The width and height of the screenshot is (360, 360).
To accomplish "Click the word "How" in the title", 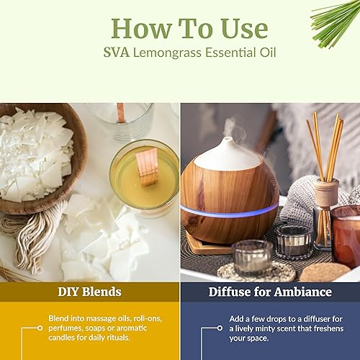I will pyautogui.click(x=137, y=28).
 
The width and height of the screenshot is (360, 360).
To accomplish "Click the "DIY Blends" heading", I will pyautogui.click(x=90, y=292).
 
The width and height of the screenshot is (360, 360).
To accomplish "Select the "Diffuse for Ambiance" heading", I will pyautogui.click(x=270, y=292).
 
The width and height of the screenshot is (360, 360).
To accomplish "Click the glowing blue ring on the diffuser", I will pyautogui.click(x=228, y=210).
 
